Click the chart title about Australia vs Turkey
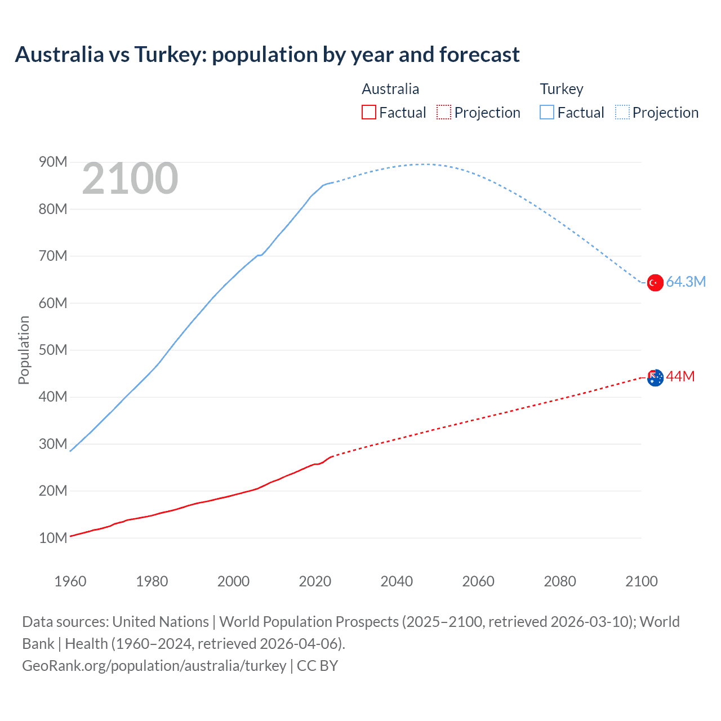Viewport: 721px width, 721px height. coord(267,55)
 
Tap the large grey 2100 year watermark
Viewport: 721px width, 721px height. coord(130,179)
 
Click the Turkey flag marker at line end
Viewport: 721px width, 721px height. coord(655,282)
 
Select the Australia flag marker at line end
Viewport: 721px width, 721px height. coord(655,378)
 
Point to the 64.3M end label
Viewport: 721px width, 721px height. coord(686,282)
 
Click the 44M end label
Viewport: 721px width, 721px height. coord(680,376)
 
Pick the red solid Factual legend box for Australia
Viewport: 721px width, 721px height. coord(369,112)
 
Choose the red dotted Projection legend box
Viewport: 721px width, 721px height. coord(444,112)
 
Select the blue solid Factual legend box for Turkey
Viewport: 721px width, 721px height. coord(547,112)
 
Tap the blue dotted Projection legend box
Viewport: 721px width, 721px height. coord(622,112)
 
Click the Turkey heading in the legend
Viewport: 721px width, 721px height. coord(562,89)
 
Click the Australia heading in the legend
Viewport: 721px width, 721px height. coord(390,89)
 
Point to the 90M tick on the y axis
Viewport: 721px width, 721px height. coord(53,162)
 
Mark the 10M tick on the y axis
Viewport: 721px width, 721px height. coord(53,538)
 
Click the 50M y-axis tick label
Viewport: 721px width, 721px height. coord(53,350)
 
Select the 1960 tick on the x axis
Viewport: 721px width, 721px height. coord(70,581)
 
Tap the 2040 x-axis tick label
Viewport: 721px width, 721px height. coord(397,581)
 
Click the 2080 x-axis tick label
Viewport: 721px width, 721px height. coord(560,581)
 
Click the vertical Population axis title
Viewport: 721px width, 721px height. coord(24,350)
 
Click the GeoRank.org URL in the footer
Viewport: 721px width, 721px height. coord(154,666)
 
